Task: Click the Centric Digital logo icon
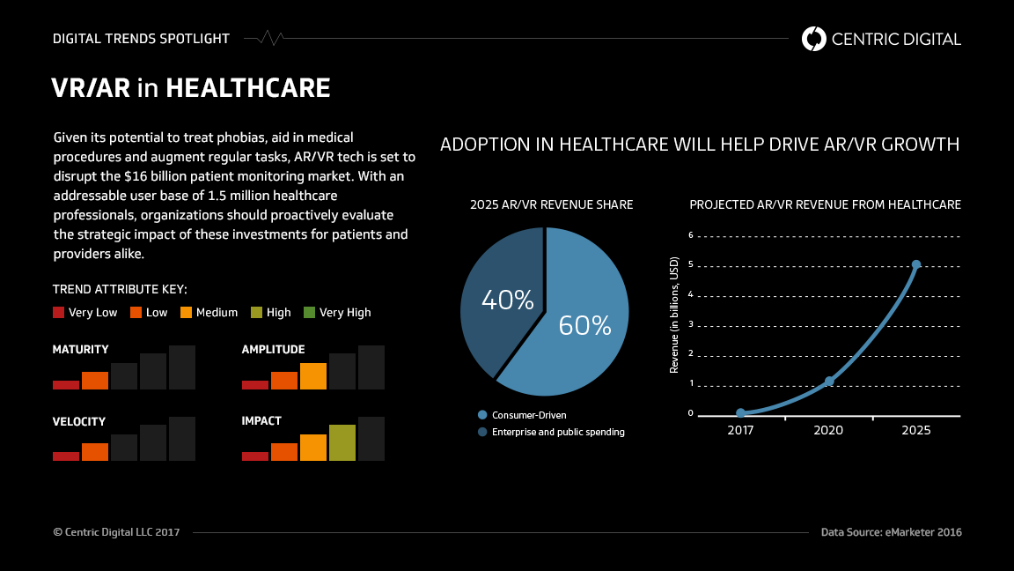click(x=814, y=38)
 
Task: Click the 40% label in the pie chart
click(x=507, y=300)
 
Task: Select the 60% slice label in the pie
click(x=584, y=326)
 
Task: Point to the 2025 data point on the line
click(x=915, y=264)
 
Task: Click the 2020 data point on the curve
click(x=828, y=382)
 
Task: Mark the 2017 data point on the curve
click(x=740, y=412)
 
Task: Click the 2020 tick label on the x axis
click(x=828, y=431)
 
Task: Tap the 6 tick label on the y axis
click(x=691, y=235)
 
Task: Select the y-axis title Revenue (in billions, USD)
click(x=674, y=315)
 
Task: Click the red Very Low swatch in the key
click(x=59, y=312)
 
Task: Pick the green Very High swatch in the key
click(x=309, y=312)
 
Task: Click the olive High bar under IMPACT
click(x=342, y=442)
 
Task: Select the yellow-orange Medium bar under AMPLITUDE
click(x=312, y=376)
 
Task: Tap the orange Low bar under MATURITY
click(x=95, y=381)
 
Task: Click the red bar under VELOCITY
click(x=66, y=456)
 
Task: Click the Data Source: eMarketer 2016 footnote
click(x=891, y=532)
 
